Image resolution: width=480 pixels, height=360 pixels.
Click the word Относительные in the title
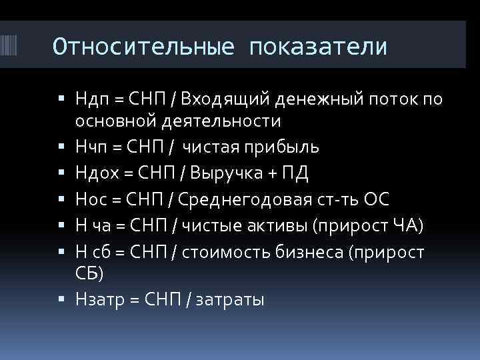pyautogui.click(x=143, y=47)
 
